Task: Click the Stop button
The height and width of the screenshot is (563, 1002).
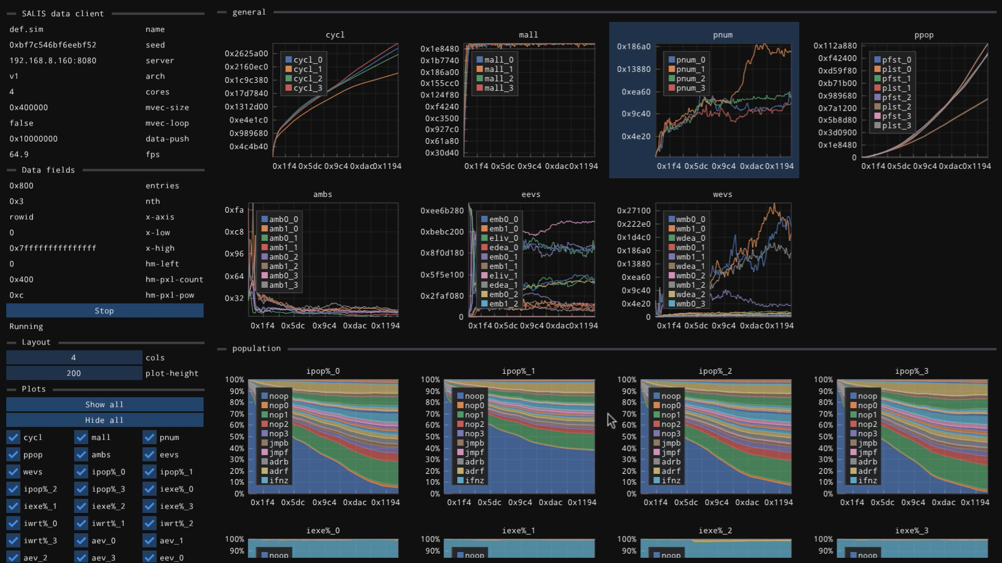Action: pyautogui.click(x=104, y=311)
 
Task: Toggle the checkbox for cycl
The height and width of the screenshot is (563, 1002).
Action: pyautogui.click(x=13, y=437)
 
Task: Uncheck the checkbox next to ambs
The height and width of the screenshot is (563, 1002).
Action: pyautogui.click(x=81, y=455)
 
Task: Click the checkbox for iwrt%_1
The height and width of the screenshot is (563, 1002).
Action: pyautogui.click(x=81, y=523)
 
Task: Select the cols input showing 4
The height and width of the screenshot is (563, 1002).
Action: pyautogui.click(x=74, y=358)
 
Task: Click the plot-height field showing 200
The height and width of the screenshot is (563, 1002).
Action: pyautogui.click(x=74, y=373)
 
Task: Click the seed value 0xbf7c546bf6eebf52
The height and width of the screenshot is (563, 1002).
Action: pyautogui.click(x=53, y=45)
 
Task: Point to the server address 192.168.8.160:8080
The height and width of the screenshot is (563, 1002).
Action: pyautogui.click(x=53, y=60)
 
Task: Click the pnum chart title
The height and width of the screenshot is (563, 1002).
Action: pyautogui.click(x=723, y=35)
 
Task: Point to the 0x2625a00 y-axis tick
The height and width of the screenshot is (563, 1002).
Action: pyautogui.click(x=246, y=53)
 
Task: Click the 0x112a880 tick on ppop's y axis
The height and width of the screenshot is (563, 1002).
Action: pyautogui.click(x=835, y=46)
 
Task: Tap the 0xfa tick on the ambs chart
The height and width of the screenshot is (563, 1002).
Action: pyautogui.click(x=234, y=210)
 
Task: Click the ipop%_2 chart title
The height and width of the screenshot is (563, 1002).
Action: pyautogui.click(x=715, y=371)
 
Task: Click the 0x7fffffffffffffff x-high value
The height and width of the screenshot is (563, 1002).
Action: pyautogui.click(x=53, y=248)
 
